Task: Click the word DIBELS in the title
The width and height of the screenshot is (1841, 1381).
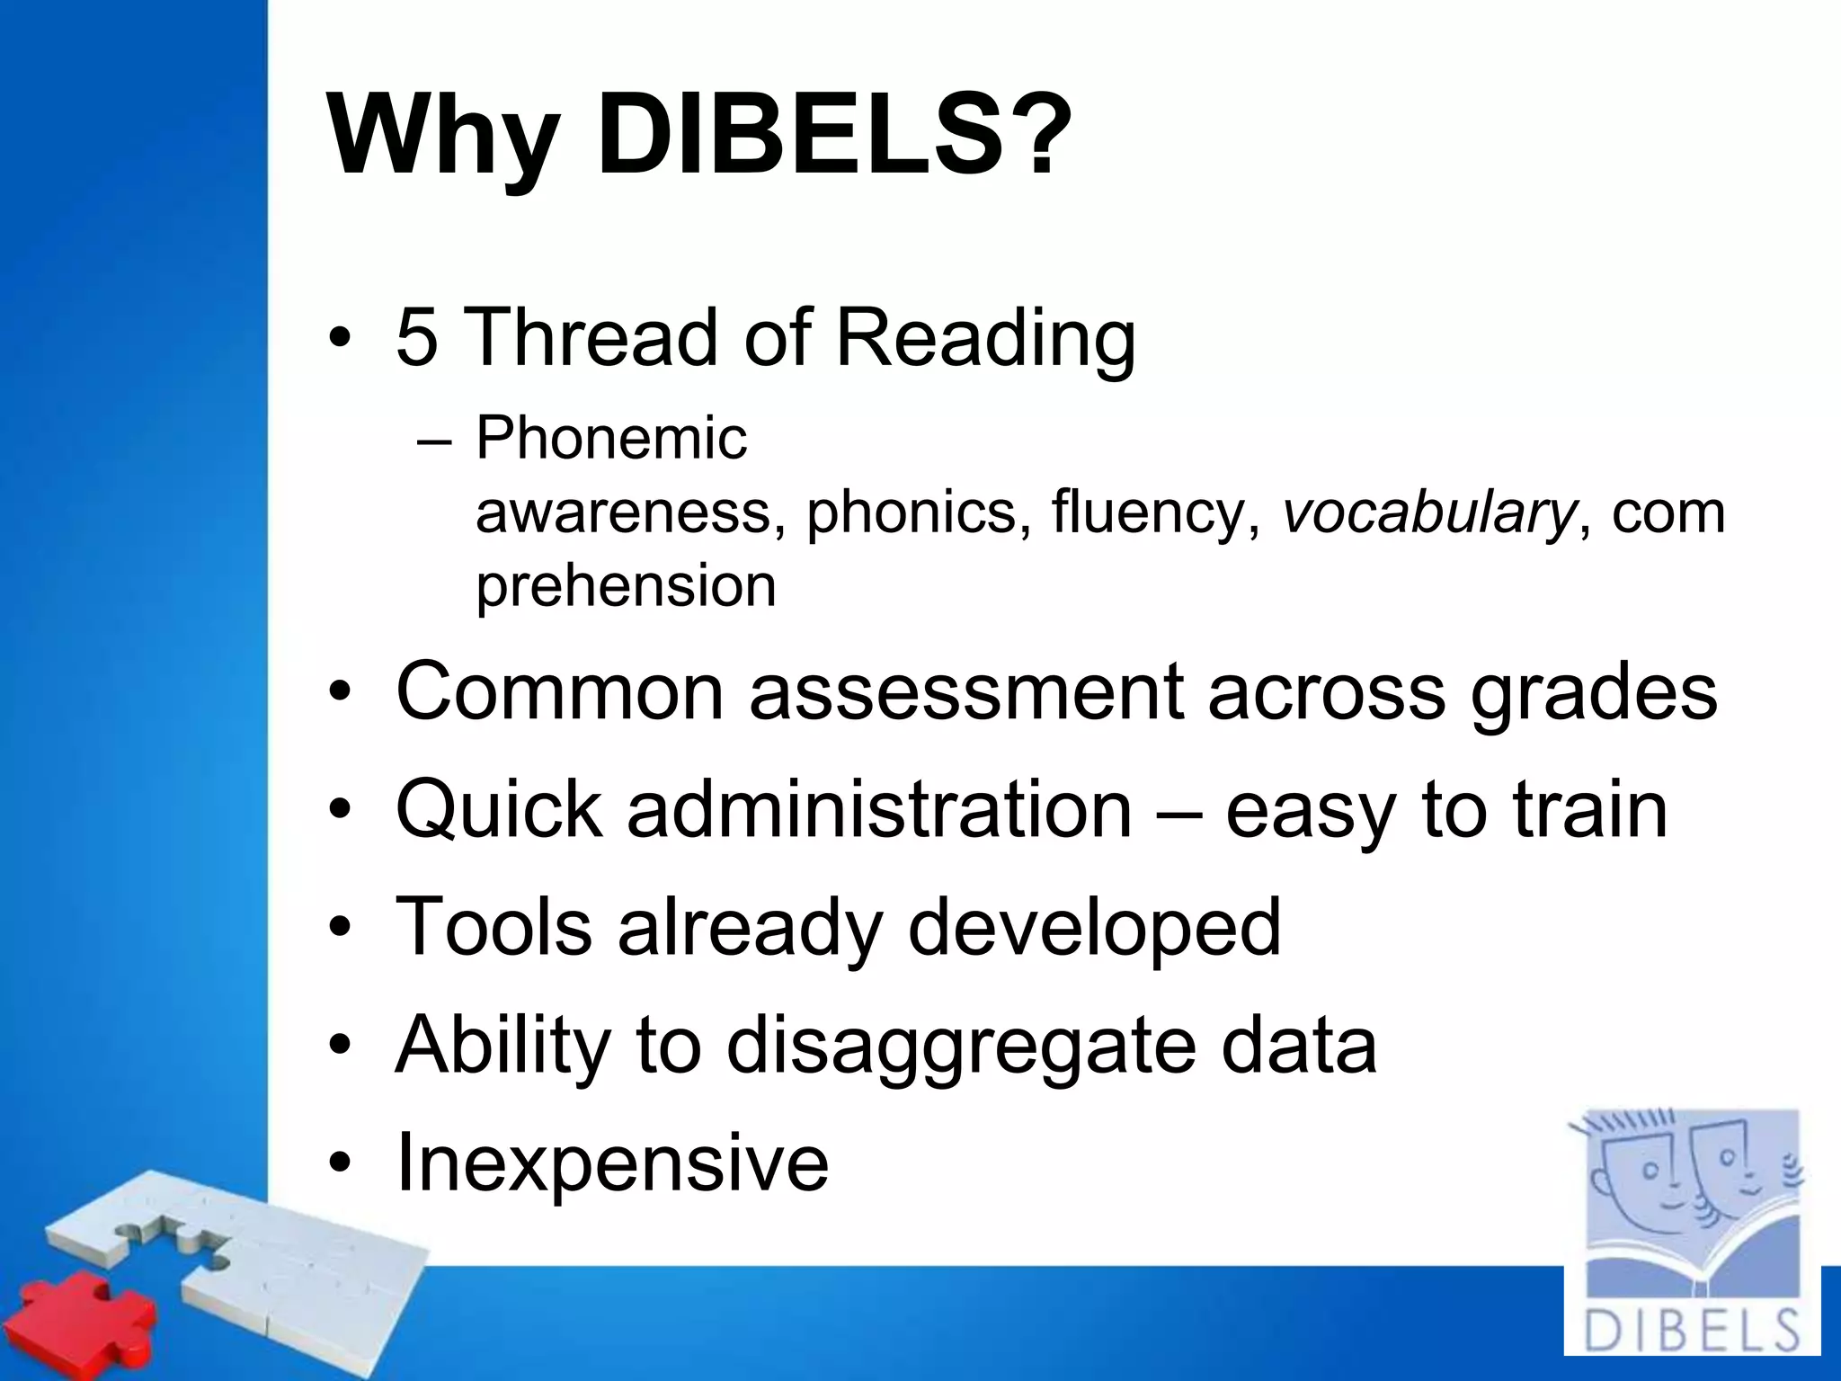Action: tap(800, 135)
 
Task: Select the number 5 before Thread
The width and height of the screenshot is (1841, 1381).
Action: tap(417, 337)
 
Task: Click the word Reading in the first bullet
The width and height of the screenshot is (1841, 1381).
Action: tap(985, 340)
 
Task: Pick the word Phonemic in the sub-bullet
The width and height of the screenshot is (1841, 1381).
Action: tap(611, 439)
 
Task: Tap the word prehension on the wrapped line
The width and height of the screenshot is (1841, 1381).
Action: tap(626, 586)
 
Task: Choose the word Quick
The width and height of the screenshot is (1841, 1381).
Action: tap(499, 810)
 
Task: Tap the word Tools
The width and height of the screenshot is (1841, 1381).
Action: tap(494, 927)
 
